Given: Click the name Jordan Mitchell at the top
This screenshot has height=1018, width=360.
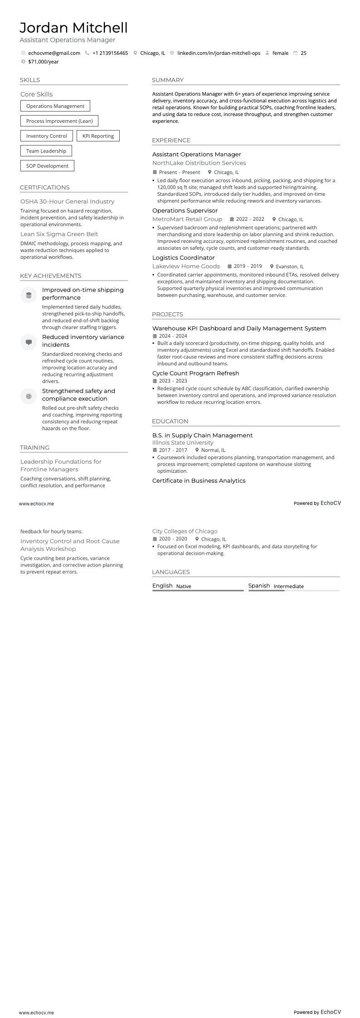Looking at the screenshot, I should coord(73,28).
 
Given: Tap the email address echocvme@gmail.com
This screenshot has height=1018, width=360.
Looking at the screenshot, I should coord(54,53).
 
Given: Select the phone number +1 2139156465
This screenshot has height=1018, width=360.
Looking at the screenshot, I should coord(110,53).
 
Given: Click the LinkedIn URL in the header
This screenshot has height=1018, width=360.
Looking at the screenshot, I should coord(219,53).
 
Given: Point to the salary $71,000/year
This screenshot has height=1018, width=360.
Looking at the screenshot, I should coord(43,62).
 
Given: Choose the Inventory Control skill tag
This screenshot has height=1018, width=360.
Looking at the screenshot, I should coord(46,136).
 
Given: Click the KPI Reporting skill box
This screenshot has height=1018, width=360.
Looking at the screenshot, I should coord(98,136).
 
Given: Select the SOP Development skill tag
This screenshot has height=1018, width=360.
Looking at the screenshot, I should coord(47,166).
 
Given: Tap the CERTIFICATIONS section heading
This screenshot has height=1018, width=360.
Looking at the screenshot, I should coord(44,187).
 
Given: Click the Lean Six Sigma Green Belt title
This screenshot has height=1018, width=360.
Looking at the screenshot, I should coord(59,234).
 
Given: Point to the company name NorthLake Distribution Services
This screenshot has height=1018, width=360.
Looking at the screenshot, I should coord(199,163).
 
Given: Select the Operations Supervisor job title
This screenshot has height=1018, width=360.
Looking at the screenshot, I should coord(185,210).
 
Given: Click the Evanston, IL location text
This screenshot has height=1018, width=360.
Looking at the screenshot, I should coord(290,267).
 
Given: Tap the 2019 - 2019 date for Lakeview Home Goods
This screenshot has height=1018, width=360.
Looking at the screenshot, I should coord(248,267).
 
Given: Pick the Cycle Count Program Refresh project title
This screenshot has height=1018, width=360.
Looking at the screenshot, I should coord(195,373).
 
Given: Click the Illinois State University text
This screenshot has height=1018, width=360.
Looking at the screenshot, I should coord(182,443).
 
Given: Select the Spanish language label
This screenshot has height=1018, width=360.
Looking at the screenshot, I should coord(259,586).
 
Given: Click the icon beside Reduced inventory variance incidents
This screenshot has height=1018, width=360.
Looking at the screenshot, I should coord(29,342).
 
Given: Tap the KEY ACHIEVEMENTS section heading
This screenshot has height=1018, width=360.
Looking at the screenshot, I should coord(50,276).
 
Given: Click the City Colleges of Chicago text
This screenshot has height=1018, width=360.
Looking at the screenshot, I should coord(185,531).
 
